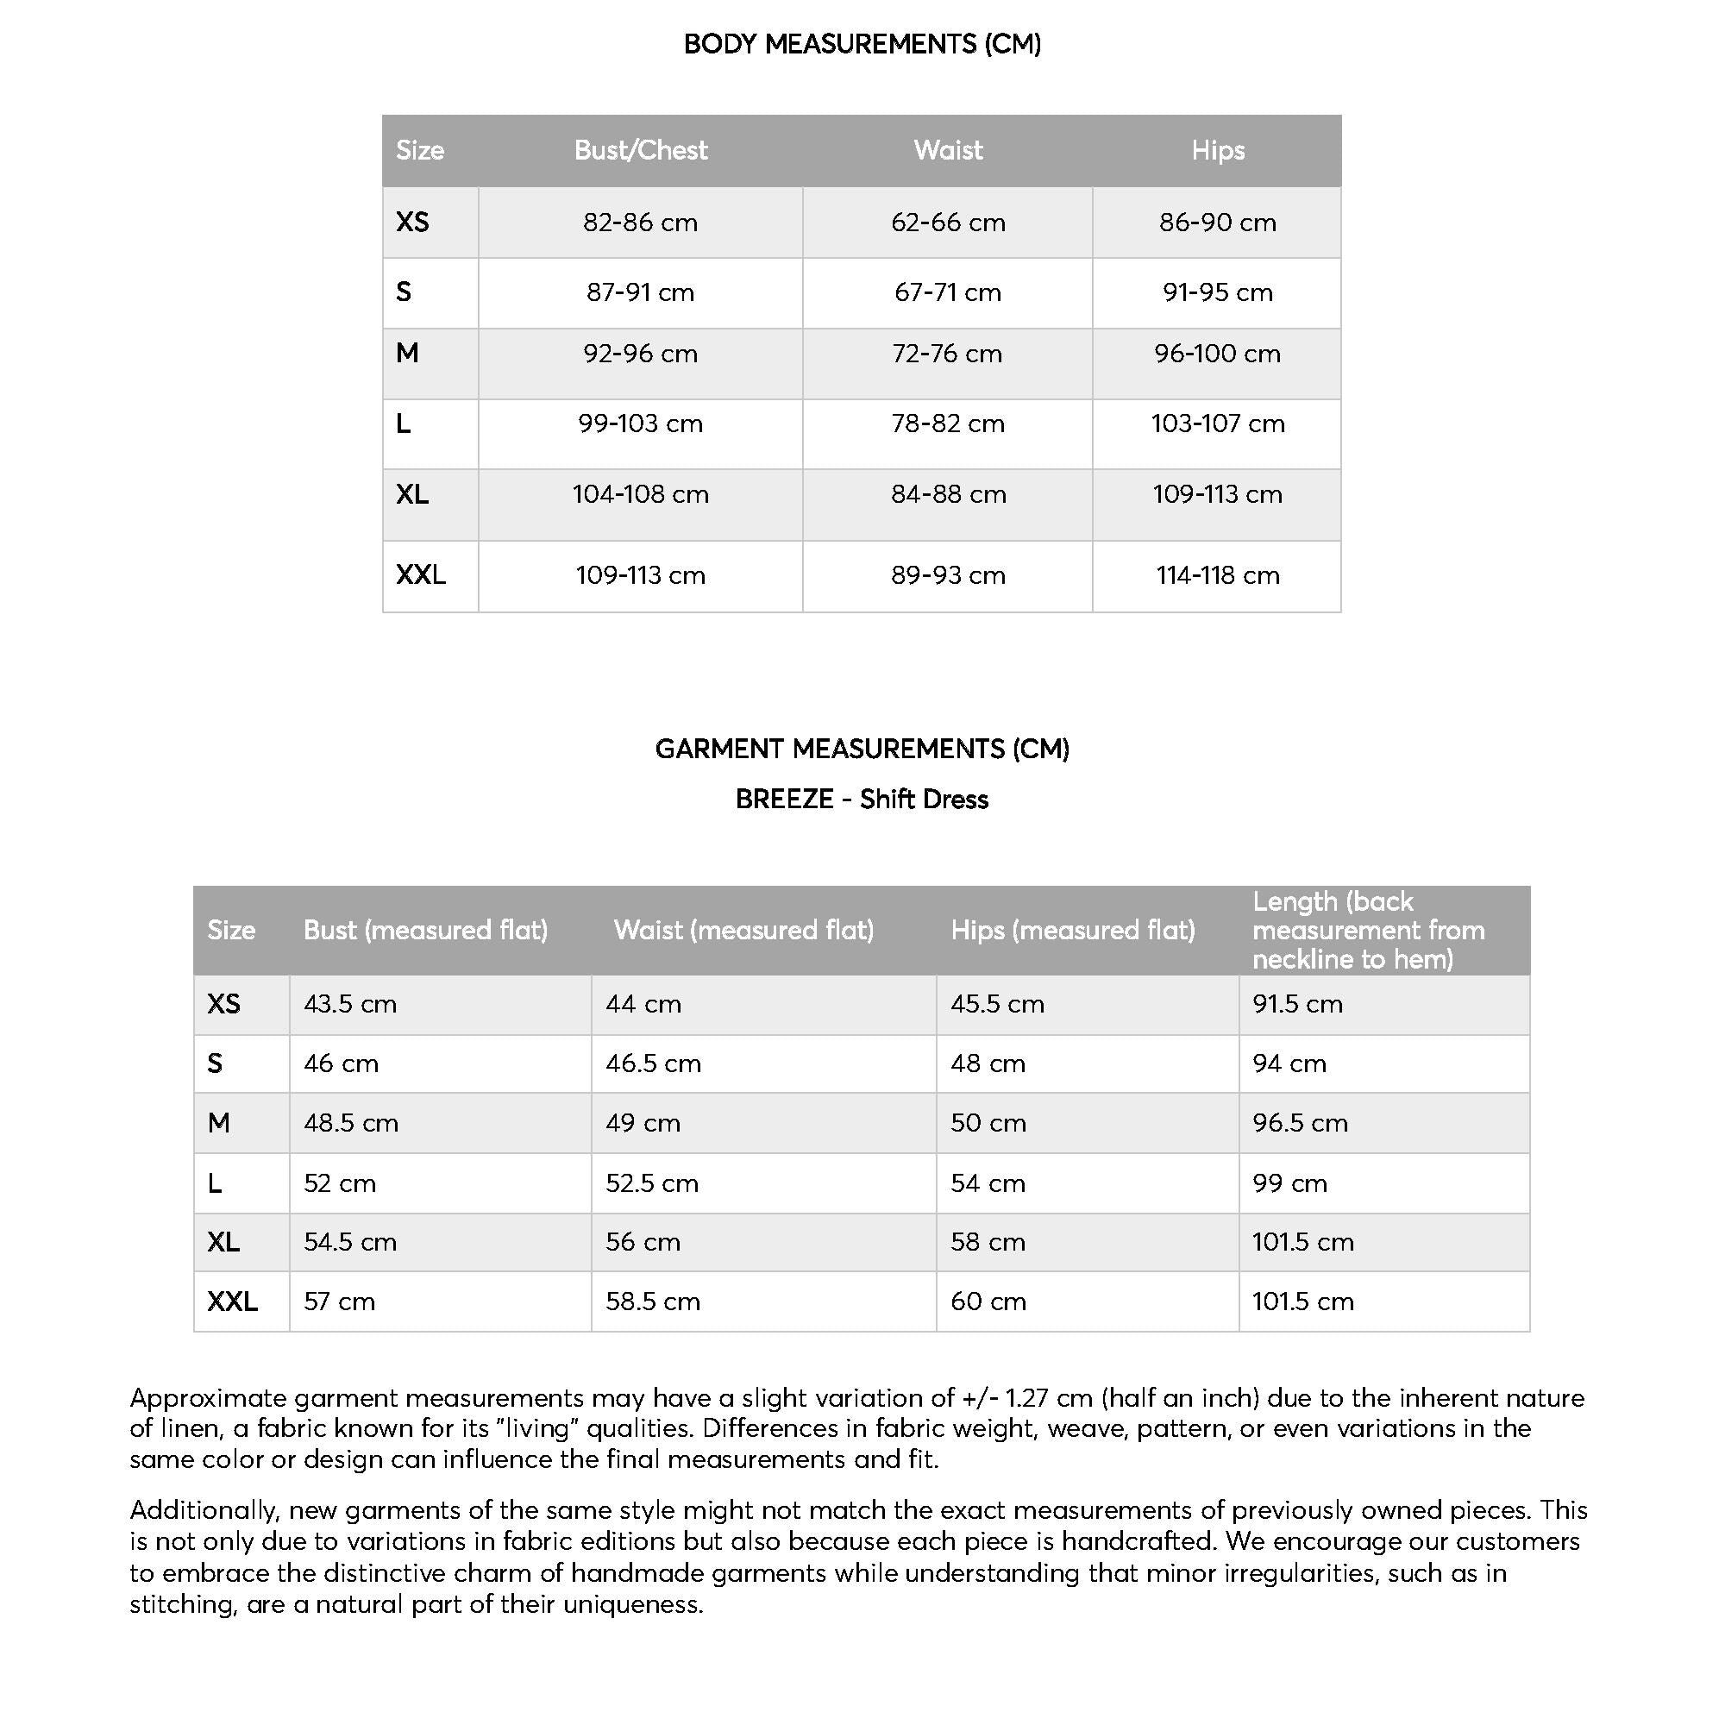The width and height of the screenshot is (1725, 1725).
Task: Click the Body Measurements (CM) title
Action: [862, 44]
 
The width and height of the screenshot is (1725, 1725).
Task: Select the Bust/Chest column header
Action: [640, 150]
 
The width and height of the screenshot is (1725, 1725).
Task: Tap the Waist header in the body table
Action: [947, 150]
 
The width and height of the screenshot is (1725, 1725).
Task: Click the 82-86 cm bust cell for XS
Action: [640, 223]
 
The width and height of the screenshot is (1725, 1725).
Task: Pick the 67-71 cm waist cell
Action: [947, 292]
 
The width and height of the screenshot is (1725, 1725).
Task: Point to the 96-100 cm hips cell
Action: [1217, 354]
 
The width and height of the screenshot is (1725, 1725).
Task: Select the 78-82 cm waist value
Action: [947, 423]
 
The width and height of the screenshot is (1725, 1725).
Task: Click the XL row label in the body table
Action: [411, 493]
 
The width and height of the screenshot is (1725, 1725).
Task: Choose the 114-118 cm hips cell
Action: [1217, 575]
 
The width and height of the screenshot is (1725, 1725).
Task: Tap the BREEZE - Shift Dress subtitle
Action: [862, 800]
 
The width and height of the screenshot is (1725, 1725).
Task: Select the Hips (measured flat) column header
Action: [1072, 931]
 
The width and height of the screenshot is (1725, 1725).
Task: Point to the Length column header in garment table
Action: [1368, 931]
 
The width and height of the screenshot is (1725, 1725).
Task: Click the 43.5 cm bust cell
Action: [350, 1004]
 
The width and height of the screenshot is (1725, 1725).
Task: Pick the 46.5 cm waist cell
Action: [653, 1063]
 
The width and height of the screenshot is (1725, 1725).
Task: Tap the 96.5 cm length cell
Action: [1299, 1122]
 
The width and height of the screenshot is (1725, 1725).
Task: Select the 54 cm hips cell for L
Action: [988, 1183]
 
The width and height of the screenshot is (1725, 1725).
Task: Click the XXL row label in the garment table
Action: [232, 1301]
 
